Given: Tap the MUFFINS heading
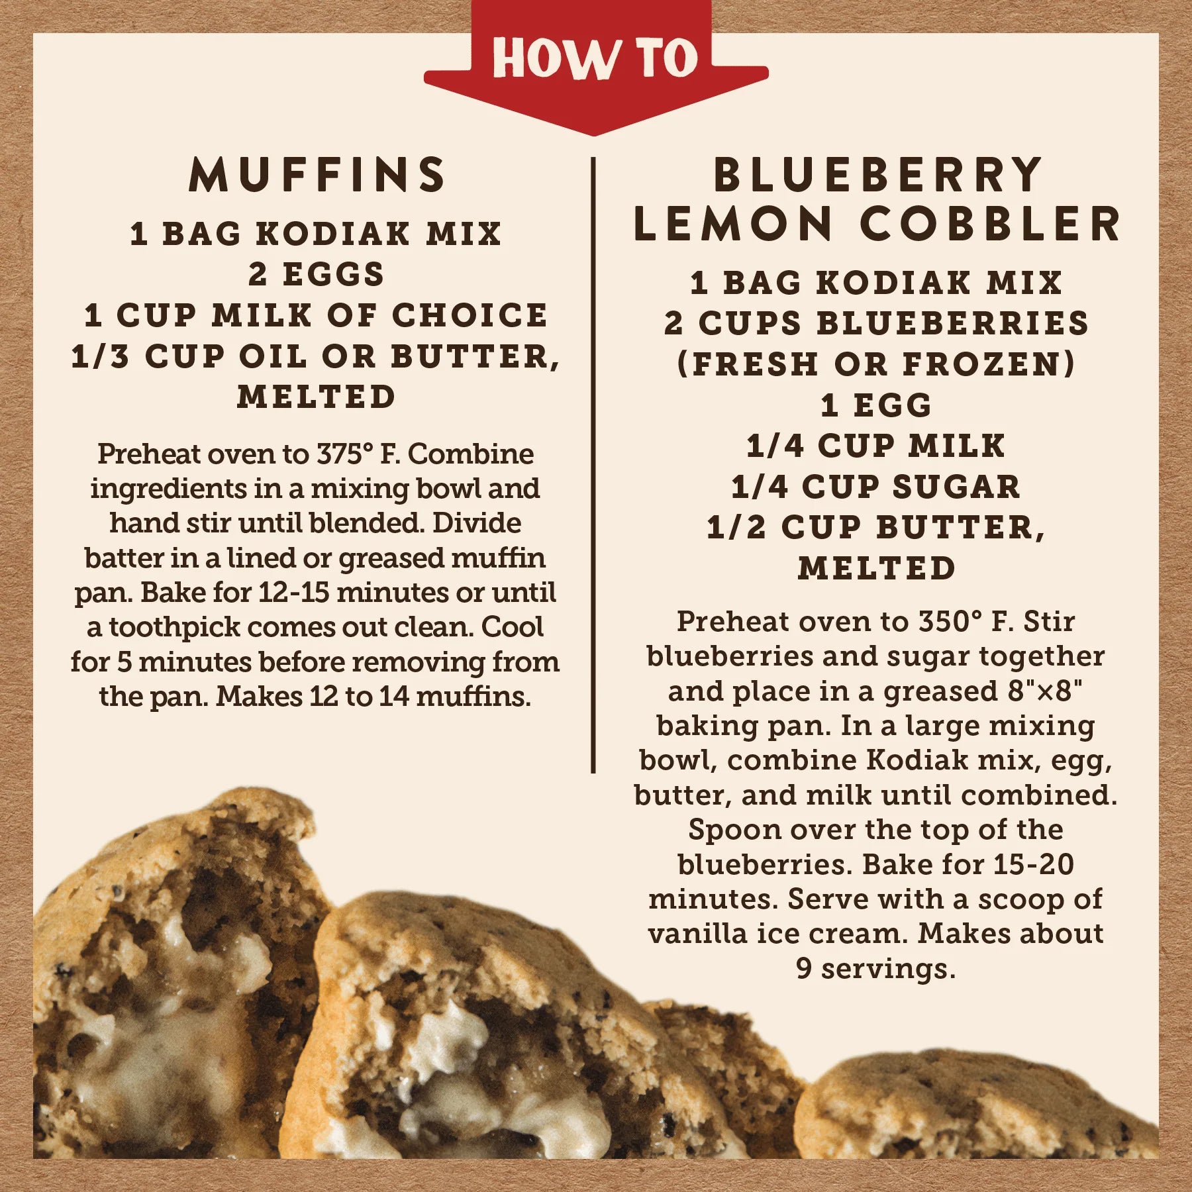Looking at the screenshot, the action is click(x=317, y=175).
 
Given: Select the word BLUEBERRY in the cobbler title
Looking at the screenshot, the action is click(x=877, y=175).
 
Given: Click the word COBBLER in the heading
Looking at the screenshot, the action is click(x=990, y=223).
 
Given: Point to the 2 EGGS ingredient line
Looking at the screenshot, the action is click(x=317, y=274).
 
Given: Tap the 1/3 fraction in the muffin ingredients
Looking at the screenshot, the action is click(x=100, y=356).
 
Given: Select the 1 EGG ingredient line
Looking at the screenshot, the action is click(x=876, y=405).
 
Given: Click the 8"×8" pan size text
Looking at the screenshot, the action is click(x=1045, y=691).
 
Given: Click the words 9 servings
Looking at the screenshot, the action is click(x=876, y=969).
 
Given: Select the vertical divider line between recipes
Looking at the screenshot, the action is click(x=593, y=465).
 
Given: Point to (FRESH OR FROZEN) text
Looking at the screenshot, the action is click(x=876, y=364).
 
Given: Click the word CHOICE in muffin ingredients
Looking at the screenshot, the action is click(x=470, y=315).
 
